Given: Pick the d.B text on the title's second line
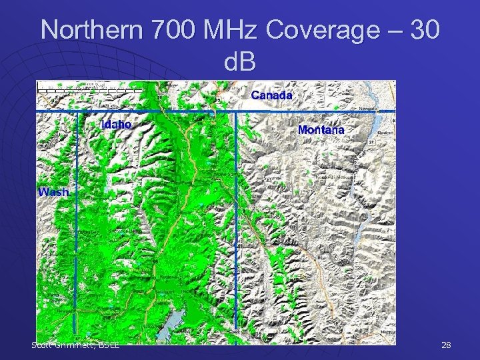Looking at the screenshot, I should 240,65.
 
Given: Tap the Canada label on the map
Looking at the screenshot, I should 271,95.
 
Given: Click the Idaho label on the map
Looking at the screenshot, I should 117,124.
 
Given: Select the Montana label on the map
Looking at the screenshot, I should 321,129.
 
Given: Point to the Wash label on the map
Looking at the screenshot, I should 53,192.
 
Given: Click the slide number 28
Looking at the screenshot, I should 446,345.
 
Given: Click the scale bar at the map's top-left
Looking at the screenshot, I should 73,85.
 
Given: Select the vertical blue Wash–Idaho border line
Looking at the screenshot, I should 76,227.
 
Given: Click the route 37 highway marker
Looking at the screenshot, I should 371,142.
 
